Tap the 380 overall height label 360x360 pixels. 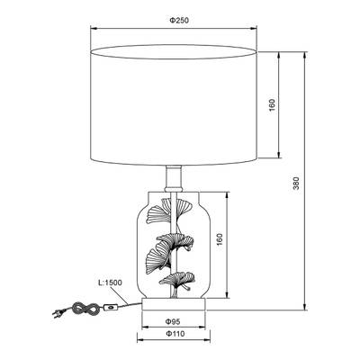click(x=296, y=184)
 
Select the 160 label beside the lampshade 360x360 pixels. click(x=272, y=105)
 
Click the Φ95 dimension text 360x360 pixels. click(x=173, y=321)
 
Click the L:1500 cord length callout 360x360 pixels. click(x=110, y=283)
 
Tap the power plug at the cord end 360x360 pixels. click(x=58, y=313)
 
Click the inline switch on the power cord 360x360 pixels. click(x=111, y=307)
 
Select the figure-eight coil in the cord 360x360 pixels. click(x=85, y=308)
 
